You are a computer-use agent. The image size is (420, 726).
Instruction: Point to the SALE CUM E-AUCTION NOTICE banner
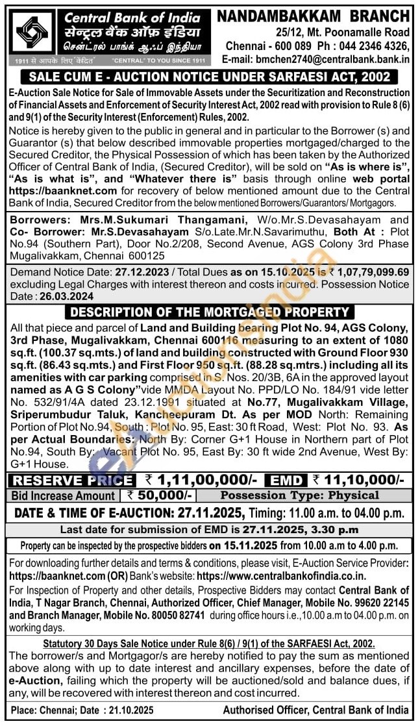210,77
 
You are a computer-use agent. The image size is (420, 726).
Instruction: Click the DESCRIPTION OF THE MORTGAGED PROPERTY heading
210,312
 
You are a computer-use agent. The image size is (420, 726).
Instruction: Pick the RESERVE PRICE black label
73,481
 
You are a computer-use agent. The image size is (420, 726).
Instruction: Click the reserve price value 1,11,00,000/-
204,481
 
